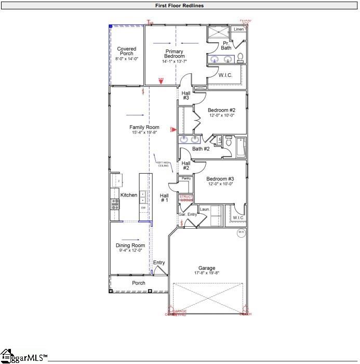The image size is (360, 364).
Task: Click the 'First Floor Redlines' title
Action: point(179,6)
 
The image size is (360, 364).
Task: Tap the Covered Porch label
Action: point(126,51)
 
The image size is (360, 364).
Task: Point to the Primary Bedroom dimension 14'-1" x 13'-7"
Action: point(175,61)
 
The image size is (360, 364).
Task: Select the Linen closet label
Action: point(238,30)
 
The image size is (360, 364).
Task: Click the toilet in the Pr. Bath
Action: point(241,57)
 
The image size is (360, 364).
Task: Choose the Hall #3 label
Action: point(185,95)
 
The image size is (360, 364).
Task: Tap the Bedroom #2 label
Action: point(221,110)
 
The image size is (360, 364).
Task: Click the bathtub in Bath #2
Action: point(241,147)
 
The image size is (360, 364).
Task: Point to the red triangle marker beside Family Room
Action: point(174,129)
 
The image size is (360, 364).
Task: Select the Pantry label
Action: point(186,178)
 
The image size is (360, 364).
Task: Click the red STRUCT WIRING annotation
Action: point(186,198)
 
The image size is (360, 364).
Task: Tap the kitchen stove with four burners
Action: point(114,204)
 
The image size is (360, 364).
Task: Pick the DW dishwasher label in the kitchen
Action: point(143,207)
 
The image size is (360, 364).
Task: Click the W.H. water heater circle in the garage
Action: point(241,232)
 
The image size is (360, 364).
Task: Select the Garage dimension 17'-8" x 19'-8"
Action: point(206,274)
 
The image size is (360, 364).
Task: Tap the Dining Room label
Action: point(130,245)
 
